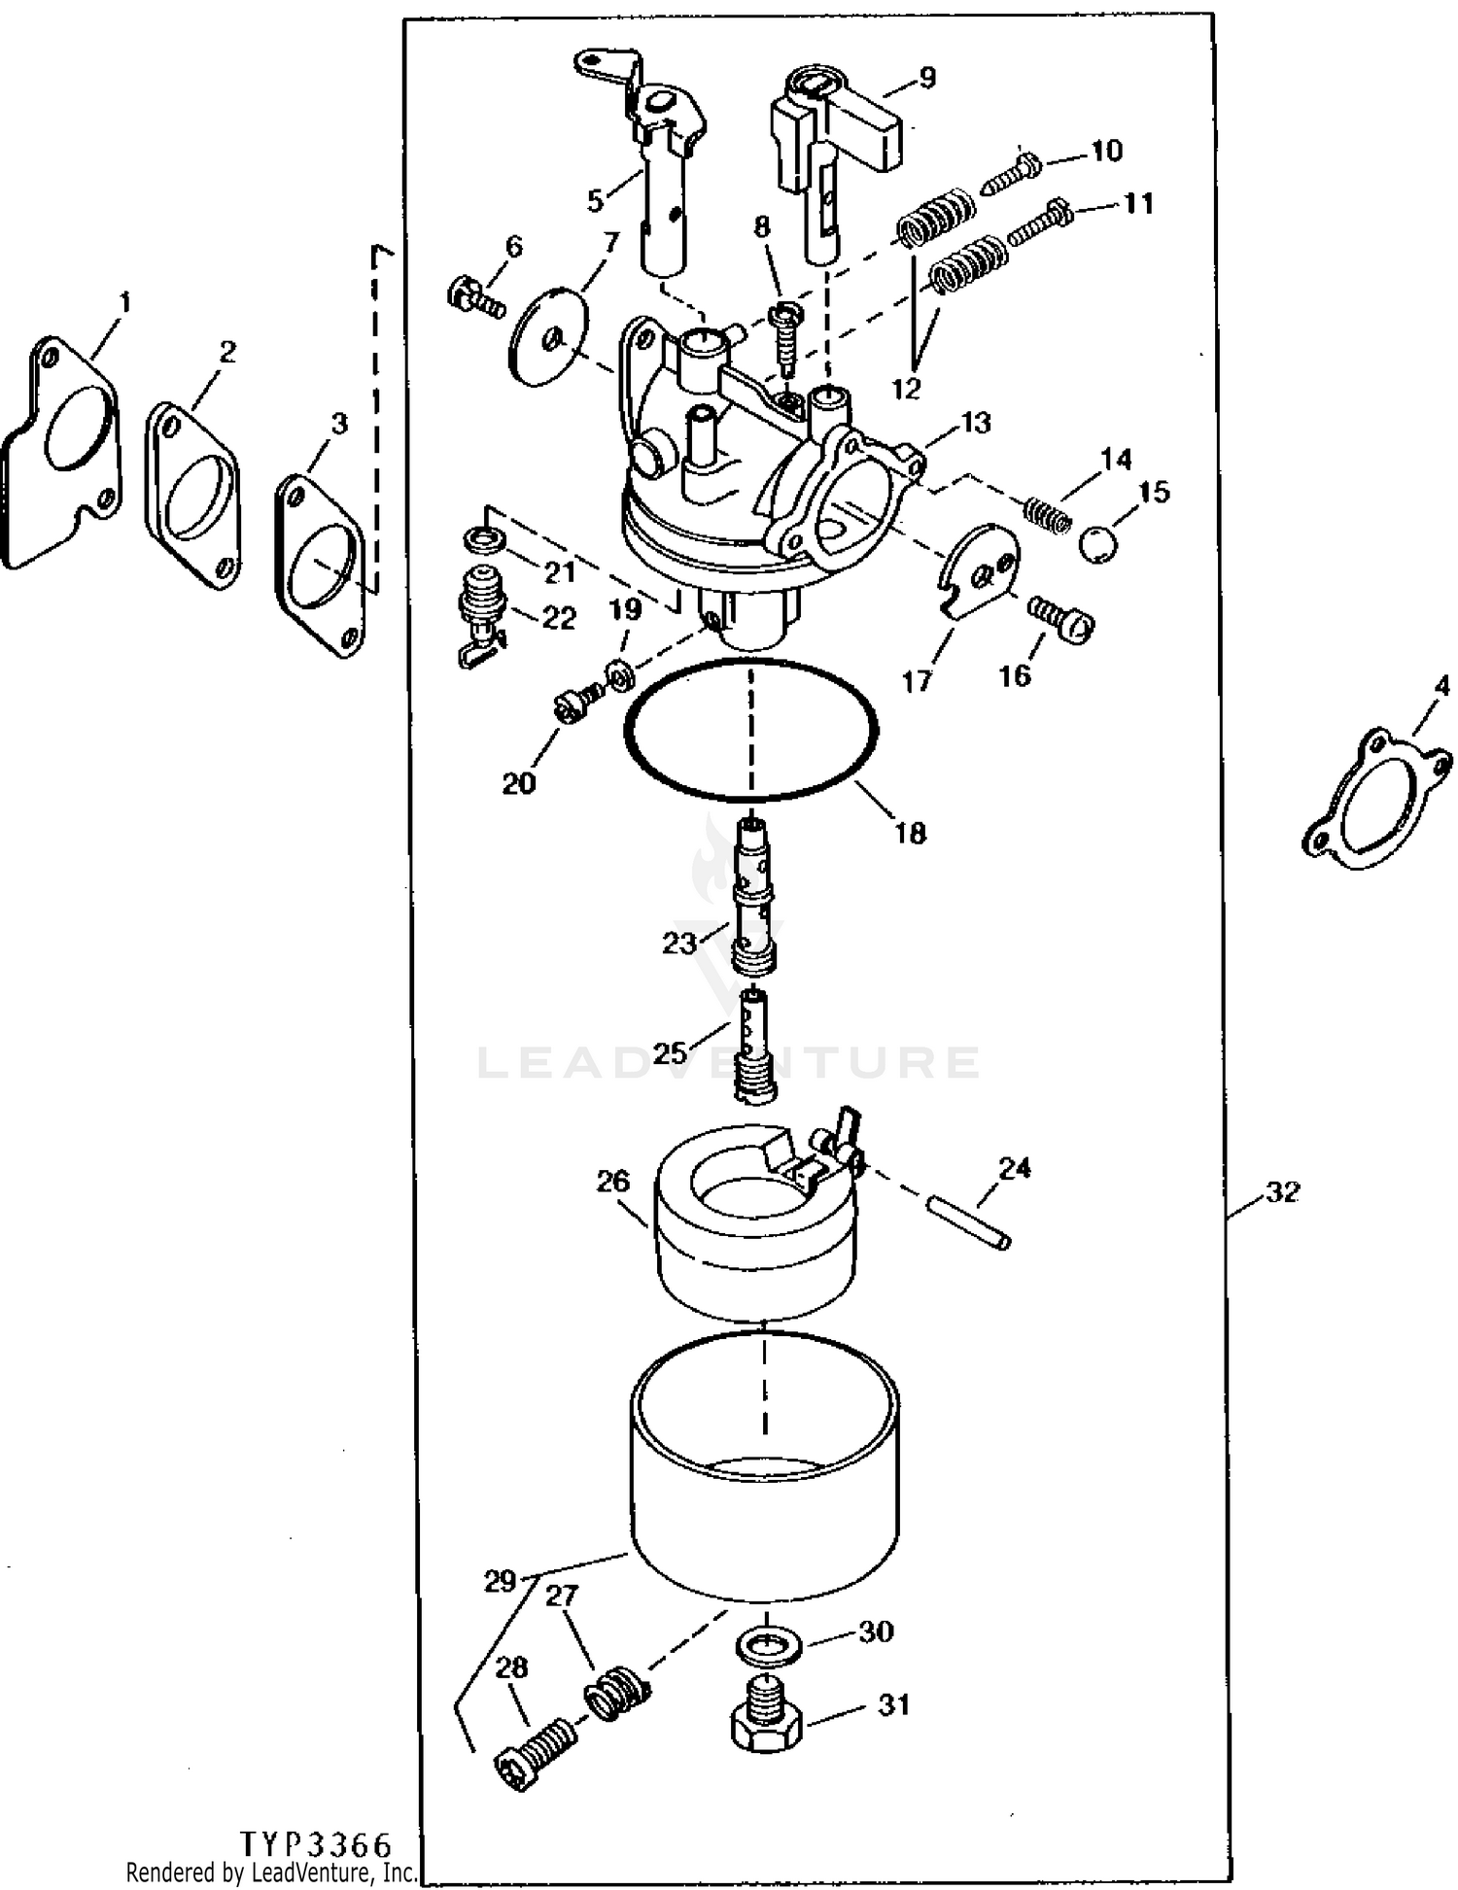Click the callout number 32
(x=1282, y=1191)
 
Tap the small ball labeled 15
(x=1097, y=543)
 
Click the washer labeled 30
(x=767, y=1644)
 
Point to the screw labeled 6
(x=475, y=295)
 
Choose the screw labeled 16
(x=1060, y=617)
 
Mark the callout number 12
(x=905, y=389)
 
